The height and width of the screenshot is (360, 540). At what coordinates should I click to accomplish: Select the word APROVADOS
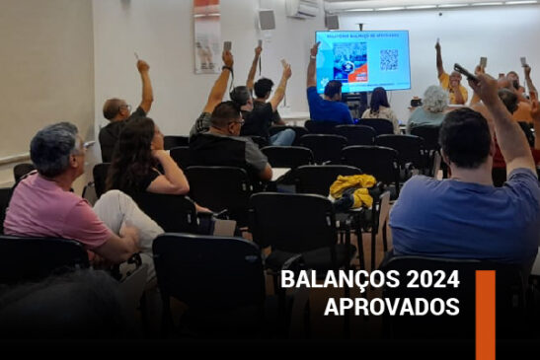click(391, 307)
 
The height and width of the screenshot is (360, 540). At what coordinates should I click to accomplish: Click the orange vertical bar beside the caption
click(485, 314)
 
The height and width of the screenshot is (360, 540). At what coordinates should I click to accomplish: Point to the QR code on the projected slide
click(389, 59)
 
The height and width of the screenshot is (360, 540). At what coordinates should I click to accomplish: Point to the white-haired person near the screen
click(434, 99)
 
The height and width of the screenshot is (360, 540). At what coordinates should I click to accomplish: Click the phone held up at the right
click(465, 71)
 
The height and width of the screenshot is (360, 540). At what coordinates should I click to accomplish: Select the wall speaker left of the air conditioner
click(267, 20)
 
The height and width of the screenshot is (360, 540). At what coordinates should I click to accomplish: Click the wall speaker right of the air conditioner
click(332, 21)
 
